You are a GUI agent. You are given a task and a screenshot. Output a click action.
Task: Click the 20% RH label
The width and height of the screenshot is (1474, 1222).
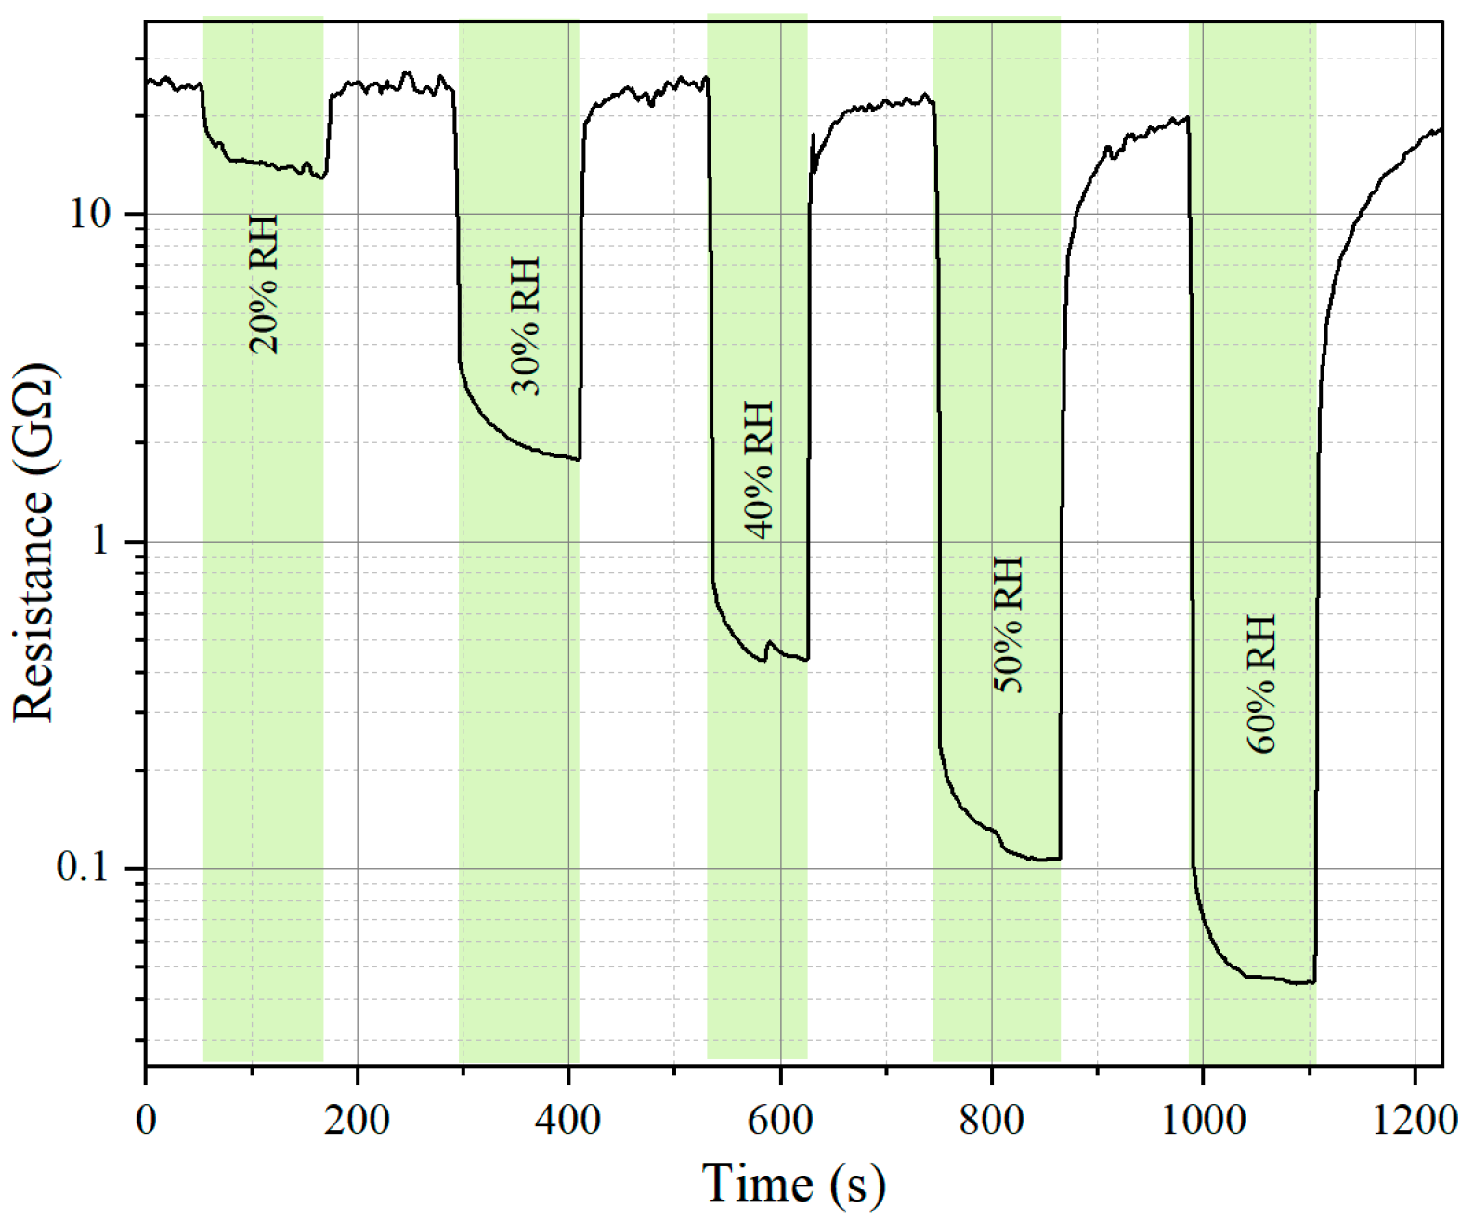tap(264, 284)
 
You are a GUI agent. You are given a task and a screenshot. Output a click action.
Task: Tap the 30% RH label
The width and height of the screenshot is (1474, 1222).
tap(526, 326)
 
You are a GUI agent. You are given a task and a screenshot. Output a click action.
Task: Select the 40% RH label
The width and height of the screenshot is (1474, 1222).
tap(759, 469)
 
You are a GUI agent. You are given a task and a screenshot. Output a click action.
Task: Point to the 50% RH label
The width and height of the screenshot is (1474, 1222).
tap(1008, 624)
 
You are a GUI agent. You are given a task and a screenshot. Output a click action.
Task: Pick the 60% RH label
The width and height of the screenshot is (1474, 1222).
tap(1261, 683)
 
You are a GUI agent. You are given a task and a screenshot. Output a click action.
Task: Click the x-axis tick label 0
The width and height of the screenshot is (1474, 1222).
tap(146, 1120)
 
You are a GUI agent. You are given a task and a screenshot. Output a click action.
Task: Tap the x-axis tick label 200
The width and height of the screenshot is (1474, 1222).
tap(357, 1120)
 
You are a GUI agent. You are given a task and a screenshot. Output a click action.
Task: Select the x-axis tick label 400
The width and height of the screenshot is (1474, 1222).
tap(568, 1120)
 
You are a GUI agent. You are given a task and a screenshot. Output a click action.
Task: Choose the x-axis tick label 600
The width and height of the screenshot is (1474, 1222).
tap(780, 1120)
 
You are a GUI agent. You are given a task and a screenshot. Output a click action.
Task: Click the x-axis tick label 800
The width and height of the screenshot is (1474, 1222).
tap(992, 1120)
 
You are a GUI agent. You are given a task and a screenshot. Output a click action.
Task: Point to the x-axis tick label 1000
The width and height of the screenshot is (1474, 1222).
tap(1204, 1120)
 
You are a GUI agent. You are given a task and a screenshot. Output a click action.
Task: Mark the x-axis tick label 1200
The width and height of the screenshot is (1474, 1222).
tap(1415, 1120)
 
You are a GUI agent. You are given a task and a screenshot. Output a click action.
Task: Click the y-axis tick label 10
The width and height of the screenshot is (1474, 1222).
tap(90, 214)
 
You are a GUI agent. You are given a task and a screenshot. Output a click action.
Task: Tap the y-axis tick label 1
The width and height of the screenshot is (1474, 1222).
tap(101, 541)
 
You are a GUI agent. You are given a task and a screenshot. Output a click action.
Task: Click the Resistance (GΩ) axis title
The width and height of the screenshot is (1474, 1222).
tap(33, 542)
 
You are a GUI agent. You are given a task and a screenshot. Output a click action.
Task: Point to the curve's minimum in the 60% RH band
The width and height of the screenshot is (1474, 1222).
tap(1300, 982)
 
